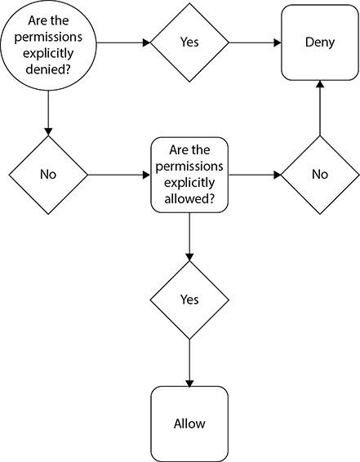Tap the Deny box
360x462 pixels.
point(319,43)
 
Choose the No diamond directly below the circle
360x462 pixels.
point(48,175)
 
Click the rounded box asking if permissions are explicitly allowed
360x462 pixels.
point(189,175)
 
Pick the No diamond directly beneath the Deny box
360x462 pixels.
point(319,175)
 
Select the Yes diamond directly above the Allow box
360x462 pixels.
point(189,300)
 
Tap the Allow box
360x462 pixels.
point(189,424)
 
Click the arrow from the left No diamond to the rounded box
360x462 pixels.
point(118,175)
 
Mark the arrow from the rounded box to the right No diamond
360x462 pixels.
point(255,175)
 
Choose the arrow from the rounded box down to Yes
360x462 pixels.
point(189,237)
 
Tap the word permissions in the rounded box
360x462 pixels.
point(189,166)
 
